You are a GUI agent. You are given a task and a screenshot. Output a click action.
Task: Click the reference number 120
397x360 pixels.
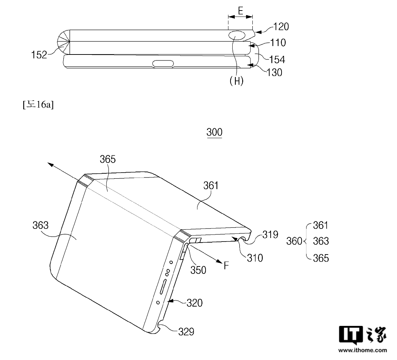pos(281,27)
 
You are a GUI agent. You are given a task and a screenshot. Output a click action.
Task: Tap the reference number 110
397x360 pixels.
pos(278,43)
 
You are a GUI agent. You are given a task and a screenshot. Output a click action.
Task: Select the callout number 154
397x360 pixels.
pos(277,60)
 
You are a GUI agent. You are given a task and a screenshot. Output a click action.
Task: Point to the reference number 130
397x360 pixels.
pos(275,73)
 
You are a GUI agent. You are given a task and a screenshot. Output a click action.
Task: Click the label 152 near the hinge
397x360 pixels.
pos(39,55)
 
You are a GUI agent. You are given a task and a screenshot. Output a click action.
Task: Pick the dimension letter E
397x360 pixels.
pos(240,11)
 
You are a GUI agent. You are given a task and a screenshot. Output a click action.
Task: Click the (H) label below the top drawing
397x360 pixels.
pos(237,81)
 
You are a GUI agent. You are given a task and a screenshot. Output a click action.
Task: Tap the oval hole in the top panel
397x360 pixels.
pos(237,36)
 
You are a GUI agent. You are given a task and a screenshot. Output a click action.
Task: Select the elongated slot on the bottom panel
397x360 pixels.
pos(163,64)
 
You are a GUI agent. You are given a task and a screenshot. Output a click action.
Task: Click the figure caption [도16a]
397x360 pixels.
pos(38,104)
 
